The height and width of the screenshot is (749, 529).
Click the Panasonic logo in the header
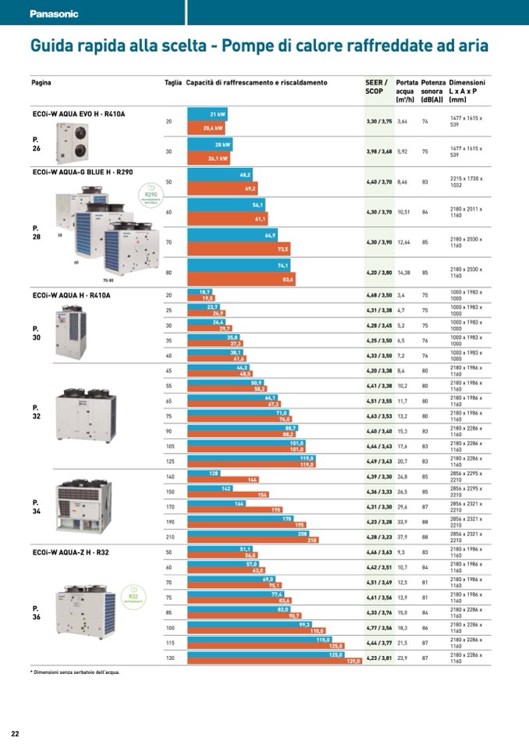pos(54,14)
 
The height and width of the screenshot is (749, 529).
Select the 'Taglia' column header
pos(172,83)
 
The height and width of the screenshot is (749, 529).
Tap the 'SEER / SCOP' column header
pos(377,87)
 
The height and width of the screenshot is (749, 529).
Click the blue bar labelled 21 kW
pos(206,115)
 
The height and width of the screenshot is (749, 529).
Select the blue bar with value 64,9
pos(233,235)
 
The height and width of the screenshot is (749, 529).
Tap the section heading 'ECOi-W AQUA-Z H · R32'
pos(70,553)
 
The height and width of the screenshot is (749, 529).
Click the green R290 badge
pos(151,193)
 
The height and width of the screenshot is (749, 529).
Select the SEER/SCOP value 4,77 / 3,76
pos(379,627)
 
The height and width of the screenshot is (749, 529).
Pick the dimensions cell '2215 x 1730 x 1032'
pos(467,182)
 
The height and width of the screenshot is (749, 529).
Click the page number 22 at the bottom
pos(15,733)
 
